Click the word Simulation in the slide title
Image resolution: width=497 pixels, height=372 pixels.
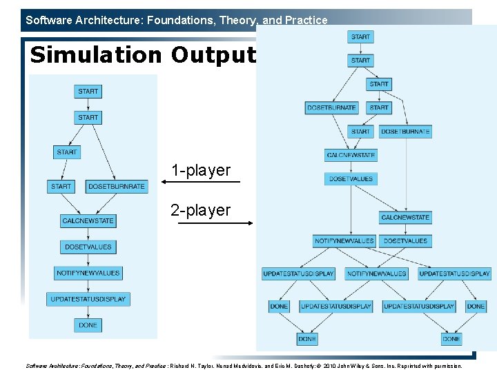[97, 54]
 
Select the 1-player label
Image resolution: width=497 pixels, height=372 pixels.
[201, 170]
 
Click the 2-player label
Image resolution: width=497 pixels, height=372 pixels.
[201, 210]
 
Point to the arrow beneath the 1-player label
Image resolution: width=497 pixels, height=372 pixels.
[200, 182]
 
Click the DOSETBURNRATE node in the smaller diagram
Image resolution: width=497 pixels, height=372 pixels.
[117, 186]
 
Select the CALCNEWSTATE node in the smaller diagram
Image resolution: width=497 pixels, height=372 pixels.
[88, 220]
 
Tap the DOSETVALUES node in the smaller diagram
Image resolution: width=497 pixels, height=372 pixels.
[88, 247]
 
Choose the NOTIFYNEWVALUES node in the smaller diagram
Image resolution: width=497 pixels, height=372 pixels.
[88, 273]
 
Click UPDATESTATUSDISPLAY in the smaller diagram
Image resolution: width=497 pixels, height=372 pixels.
[88, 299]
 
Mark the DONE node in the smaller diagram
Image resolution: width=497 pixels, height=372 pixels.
[88, 324]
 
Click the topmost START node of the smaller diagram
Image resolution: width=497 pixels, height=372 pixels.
[88, 91]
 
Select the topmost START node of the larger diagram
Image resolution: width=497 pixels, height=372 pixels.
[360, 37]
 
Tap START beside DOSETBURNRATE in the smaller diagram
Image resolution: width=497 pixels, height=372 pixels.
[61, 186]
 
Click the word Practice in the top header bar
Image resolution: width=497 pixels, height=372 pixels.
[306, 20]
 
